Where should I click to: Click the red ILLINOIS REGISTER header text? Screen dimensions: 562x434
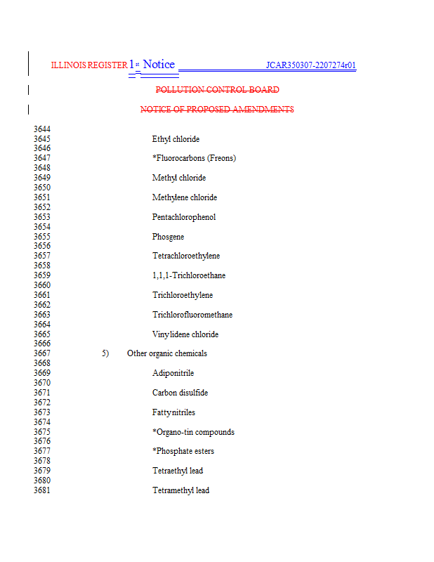pyautogui.click(x=88, y=65)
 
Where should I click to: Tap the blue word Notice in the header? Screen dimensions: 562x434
pyautogui.click(x=159, y=65)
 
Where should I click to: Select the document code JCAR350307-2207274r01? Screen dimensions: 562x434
pyautogui.click(x=310, y=66)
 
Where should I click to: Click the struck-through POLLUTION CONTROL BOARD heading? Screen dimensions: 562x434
pyautogui.click(x=217, y=90)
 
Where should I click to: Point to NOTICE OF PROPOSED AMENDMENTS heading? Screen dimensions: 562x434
pyautogui.click(x=217, y=110)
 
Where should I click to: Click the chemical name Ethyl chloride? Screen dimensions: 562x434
pyautogui.click(x=176, y=139)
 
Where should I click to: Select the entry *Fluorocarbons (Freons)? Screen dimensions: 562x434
pyautogui.click(x=194, y=159)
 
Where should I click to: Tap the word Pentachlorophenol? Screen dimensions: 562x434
pyautogui.click(x=184, y=217)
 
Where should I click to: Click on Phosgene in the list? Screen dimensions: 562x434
pyautogui.click(x=168, y=237)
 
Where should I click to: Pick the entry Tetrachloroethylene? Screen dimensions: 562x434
pyautogui.click(x=186, y=256)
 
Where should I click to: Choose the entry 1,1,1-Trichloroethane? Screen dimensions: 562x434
pyautogui.click(x=189, y=275)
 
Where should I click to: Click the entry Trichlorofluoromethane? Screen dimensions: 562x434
pyautogui.click(x=192, y=315)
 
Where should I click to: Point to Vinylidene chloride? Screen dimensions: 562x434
pyautogui.click(x=185, y=334)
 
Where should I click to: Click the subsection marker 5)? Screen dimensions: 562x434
pyautogui.click(x=105, y=353)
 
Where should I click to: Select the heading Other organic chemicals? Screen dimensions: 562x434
pyautogui.click(x=167, y=353)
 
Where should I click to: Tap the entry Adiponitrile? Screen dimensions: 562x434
pyautogui.click(x=173, y=373)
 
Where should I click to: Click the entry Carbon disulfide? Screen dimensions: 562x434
pyautogui.click(x=180, y=393)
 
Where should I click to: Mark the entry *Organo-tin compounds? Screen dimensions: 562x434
pyautogui.click(x=193, y=432)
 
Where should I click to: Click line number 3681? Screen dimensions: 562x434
pyautogui.click(x=41, y=490)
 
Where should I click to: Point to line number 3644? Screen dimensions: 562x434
pyautogui.click(x=41, y=129)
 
